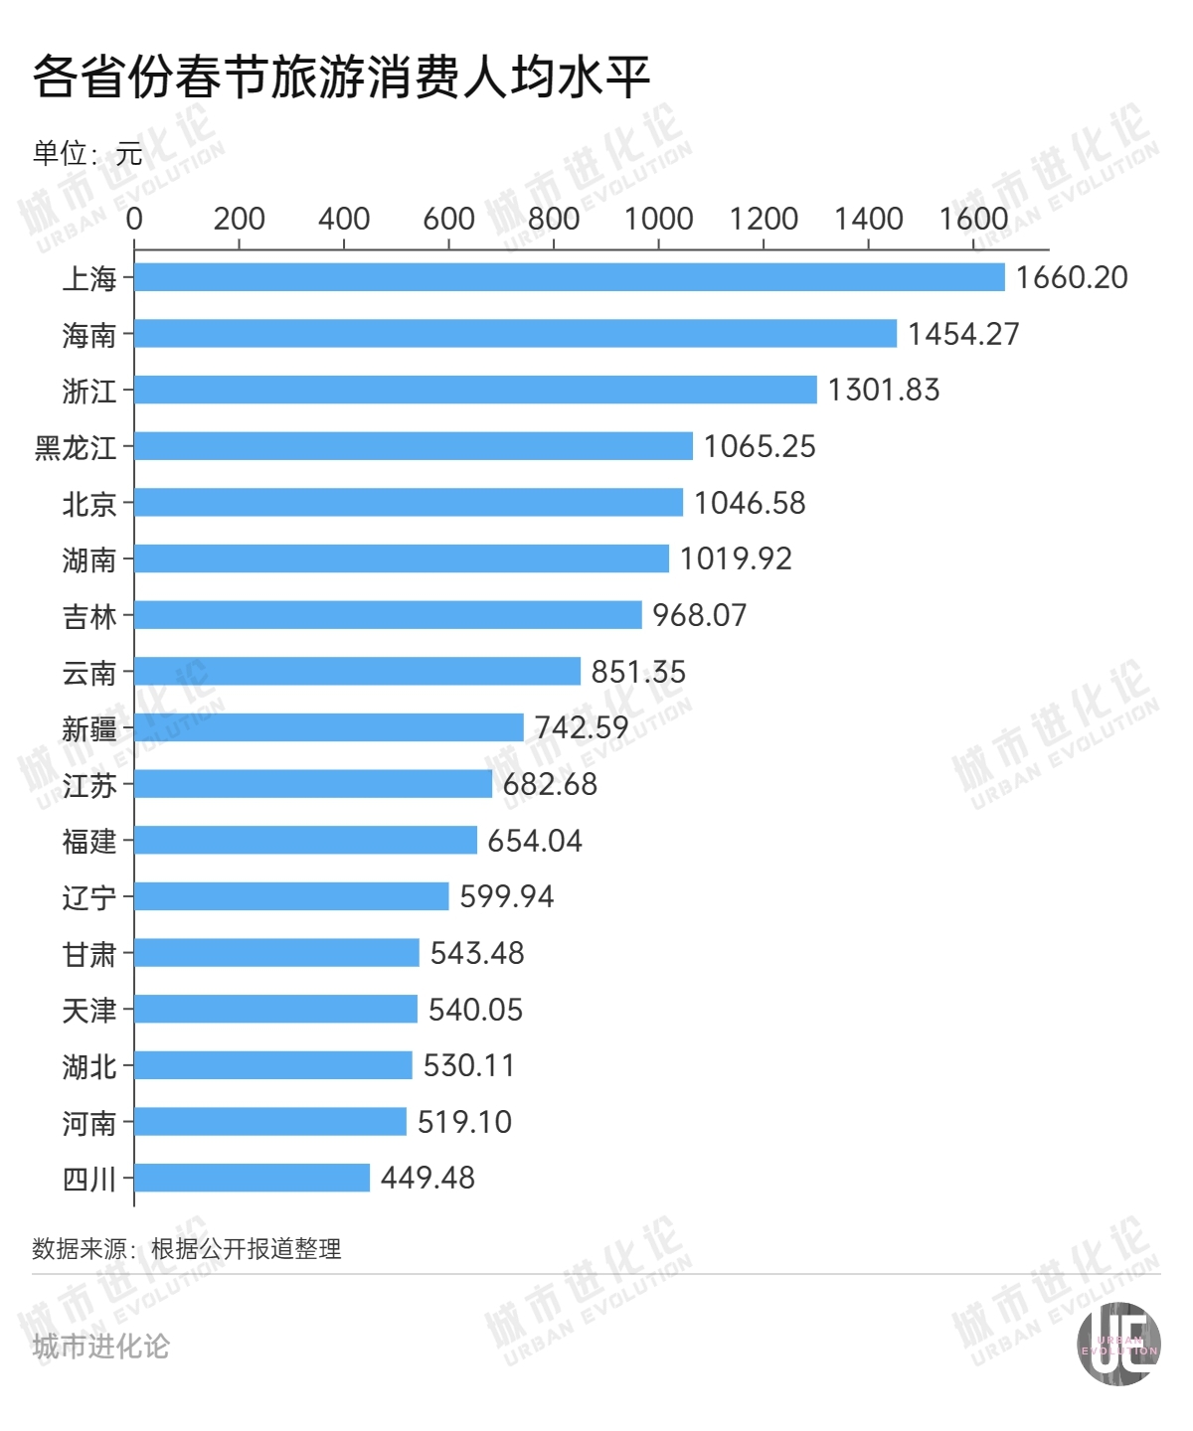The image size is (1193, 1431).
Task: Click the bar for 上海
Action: pos(570,277)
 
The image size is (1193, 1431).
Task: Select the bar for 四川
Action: pos(253,1178)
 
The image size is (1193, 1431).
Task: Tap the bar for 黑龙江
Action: pos(414,446)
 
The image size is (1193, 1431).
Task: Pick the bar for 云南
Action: pos(358,671)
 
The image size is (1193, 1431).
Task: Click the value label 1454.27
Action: pos(963,334)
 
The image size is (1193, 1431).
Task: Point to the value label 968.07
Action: pos(699,615)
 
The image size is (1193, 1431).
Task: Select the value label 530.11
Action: pos(469,1065)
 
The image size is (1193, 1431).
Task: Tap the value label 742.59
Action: pos(582,727)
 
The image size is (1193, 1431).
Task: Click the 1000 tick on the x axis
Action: pos(658,219)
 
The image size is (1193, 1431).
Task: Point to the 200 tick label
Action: pos(239,219)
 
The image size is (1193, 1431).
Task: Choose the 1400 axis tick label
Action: pos(868,219)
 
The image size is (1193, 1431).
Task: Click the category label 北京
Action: pos(89,504)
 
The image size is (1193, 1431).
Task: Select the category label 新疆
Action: pos(89,729)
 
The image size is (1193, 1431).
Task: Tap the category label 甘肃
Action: pos(89,955)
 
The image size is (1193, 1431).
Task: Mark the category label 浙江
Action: pos(89,392)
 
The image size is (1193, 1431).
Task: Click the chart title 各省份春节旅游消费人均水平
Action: pos(341,77)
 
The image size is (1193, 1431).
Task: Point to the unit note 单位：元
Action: pos(87,153)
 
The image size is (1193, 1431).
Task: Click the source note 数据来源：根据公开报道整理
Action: pos(187,1249)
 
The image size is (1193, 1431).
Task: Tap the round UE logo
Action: pos(1119,1345)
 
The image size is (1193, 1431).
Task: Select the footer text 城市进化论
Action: pos(100,1347)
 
